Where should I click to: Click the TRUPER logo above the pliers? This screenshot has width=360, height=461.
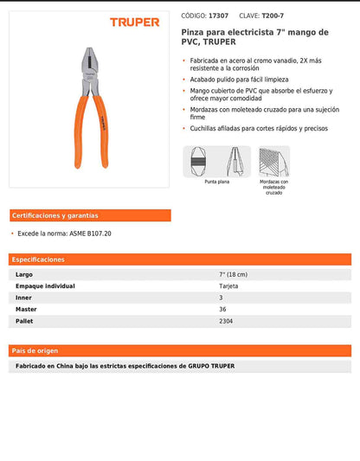pyautogui.click(x=134, y=22)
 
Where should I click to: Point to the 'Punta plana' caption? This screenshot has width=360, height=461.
pyautogui.click(x=217, y=182)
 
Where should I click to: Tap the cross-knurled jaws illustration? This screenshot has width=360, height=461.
pyautogui.click(x=273, y=161)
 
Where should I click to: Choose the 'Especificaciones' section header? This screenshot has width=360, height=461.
pyautogui.click(x=39, y=259)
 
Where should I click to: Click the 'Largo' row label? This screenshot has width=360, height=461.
pyautogui.click(x=24, y=274)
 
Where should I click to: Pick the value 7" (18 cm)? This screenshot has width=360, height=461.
pyautogui.click(x=235, y=274)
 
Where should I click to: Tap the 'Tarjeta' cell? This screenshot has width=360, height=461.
pyautogui.click(x=229, y=285)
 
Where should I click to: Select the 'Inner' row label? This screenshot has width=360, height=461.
pyautogui.click(x=24, y=298)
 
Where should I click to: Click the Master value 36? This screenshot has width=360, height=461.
pyautogui.click(x=223, y=309)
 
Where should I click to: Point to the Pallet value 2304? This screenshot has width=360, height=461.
pyautogui.click(x=227, y=321)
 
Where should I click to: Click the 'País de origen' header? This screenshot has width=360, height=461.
pyautogui.click(x=35, y=350)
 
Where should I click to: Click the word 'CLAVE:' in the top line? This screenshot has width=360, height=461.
pyautogui.click(x=249, y=16)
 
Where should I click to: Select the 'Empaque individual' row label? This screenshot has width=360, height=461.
pyautogui.click(x=45, y=285)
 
